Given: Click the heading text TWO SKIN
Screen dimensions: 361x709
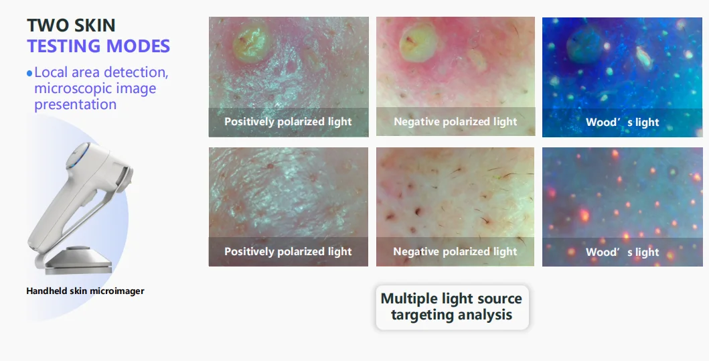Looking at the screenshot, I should click(x=71, y=25).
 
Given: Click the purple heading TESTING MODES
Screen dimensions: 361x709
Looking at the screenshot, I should click(x=98, y=46).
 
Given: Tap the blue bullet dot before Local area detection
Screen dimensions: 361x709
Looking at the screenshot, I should click(x=29, y=72).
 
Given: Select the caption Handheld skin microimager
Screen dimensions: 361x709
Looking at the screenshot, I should click(x=85, y=291).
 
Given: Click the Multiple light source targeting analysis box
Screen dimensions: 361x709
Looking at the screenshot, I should click(x=451, y=306).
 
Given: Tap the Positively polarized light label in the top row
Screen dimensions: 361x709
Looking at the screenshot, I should click(x=288, y=122).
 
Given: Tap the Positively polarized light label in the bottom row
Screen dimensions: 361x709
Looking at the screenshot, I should click(x=288, y=252).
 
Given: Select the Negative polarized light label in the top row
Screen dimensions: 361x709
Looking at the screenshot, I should click(x=455, y=122).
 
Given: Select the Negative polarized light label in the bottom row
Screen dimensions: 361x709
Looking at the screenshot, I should click(x=455, y=252).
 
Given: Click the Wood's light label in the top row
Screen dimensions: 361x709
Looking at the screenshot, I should click(x=622, y=123).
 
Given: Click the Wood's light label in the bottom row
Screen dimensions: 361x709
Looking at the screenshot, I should click(x=622, y=252).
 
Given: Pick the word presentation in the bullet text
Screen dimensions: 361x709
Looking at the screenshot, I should click(x=75, y=104).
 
